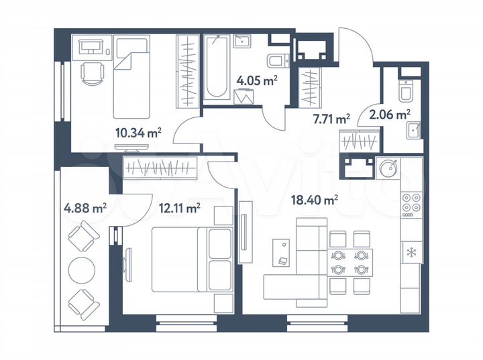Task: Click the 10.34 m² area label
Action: pyautogui.click(x=138, y=132)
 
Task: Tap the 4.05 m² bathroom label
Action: pyautogui.click(x=256, y=81)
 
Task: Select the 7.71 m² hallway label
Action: pyautogui.click(x=331, y=119)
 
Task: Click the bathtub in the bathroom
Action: pyautogui.click(x=217, y=67)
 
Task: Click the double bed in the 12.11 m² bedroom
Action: pyautogui.click(x=191, y=259)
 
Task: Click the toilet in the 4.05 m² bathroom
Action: pyautogui.click(x=276, y=62)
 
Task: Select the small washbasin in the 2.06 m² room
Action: pyautogui.click(x=414, y=128)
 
